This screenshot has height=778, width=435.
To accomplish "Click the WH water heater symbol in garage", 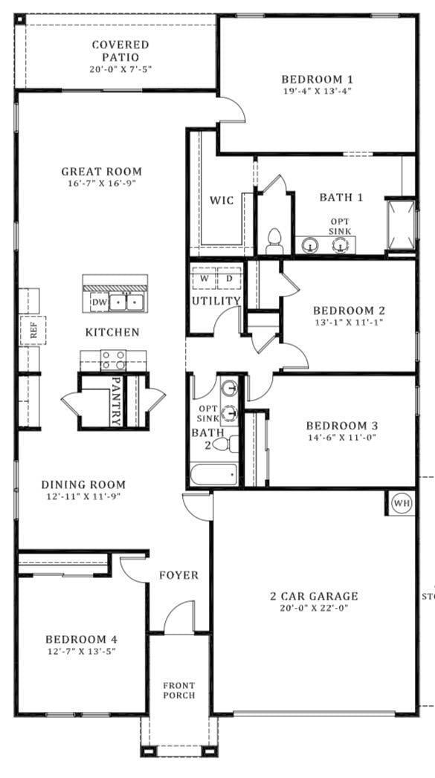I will click(x=402, y=503).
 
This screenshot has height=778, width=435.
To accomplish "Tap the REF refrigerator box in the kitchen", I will click(x=33, y=331).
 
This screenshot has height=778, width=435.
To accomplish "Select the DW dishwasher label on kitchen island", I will click(x=99, y=302).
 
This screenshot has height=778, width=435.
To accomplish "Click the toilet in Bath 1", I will click(x=274, y=241).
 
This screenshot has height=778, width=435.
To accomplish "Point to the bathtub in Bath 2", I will click(x=213, y=473).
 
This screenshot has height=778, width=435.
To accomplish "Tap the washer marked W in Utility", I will click(x=204, y=278).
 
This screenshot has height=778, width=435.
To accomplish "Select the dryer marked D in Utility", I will click(x=229, y=278).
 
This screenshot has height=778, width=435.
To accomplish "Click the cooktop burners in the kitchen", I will click(x=113, y=360).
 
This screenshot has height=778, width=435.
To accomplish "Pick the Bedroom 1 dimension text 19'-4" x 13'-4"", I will click(x=317, y=91).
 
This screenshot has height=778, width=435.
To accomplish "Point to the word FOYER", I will click(x=178, y=575).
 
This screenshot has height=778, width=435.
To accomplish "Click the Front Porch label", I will click(x=179, y=690).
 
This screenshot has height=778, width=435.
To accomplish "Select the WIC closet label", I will click(x=222, y=200).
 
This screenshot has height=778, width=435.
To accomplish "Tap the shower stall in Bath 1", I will click(x=400, y=225).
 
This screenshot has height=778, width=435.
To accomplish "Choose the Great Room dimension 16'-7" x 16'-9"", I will click(x=101, y=183).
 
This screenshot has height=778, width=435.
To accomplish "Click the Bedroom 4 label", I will click(x=81, y=639).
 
